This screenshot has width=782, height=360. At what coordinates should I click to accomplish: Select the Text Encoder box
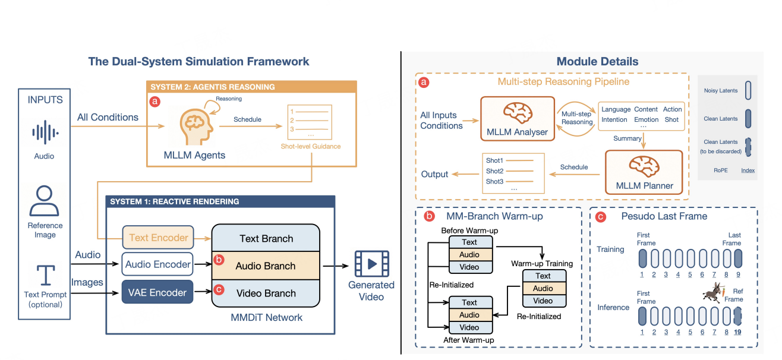[158, 238]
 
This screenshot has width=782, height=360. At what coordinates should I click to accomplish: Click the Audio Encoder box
[158, 264]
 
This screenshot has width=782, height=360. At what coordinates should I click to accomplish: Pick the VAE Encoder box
[157, 292]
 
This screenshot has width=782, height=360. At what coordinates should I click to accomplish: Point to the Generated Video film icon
[371, 263]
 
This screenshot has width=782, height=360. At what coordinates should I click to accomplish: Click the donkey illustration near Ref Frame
[714, 293]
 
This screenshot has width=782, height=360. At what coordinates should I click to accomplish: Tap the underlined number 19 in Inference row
[738, 331]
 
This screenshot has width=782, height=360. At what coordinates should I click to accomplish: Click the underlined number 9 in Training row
[738, 274]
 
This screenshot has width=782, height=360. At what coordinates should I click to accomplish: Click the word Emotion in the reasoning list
[646, 119]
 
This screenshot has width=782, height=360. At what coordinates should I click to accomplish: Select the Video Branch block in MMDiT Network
[266, 293]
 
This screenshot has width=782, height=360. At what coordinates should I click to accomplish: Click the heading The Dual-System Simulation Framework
[198, 61]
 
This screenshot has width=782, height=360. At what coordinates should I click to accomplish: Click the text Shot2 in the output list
[494, 171]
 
